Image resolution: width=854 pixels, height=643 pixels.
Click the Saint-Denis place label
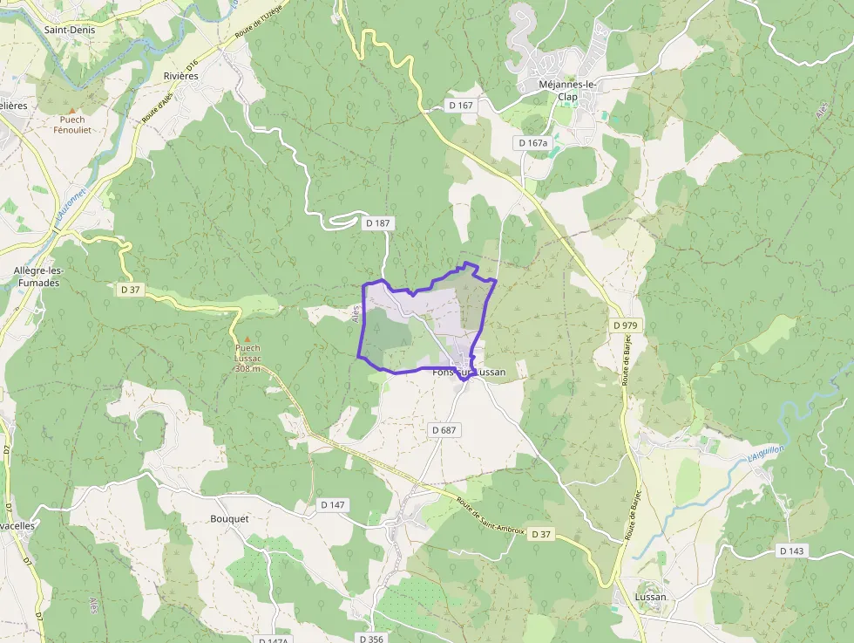click(x=69, y=29)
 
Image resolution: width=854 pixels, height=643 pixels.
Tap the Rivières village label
click(x=181, y=76)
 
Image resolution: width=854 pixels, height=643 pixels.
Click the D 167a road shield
click(x=532, y=142)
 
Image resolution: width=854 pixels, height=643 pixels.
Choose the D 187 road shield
click(x=378, y=223)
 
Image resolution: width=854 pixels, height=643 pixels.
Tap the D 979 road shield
click(x=625, y=325)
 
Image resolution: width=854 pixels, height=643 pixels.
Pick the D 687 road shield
click(x=444, y=430)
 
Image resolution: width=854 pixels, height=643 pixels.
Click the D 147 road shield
click(x=333, y=504)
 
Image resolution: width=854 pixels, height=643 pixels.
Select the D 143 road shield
click(x=791, y=551)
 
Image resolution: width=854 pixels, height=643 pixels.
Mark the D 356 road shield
click(x=369, y=639)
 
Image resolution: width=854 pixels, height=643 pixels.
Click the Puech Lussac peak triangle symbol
click(x=247, y=339)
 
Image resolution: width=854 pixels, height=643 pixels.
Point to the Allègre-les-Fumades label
click(x=37, y=277)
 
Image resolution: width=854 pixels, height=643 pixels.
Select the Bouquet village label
click(x=229, y=518)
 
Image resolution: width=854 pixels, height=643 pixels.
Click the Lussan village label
click(x=650, y=597)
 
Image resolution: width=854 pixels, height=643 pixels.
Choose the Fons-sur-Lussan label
click(x=470, y=372)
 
